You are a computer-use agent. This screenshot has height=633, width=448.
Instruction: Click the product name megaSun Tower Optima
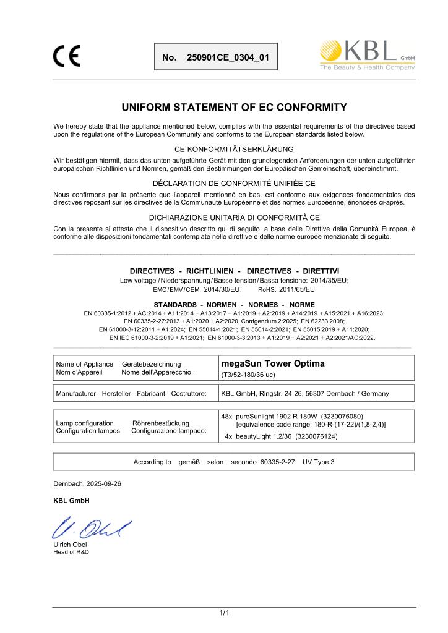pos(272,363)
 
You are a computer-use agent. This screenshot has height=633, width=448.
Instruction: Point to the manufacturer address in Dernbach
pos(305,393)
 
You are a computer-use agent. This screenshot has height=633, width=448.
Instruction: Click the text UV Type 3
pos(319,462)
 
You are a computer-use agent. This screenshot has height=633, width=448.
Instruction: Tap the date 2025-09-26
pos(101,483)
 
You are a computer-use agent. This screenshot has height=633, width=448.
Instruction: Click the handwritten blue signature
pos(92,527)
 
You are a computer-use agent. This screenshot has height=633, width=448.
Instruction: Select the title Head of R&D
pos(71,552)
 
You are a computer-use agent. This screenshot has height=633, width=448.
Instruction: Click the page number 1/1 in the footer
pos(225,612)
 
